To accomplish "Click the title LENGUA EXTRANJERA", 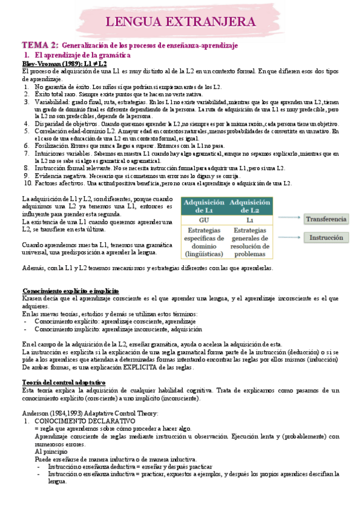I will tap(180, 22).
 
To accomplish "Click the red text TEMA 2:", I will tap(40, 45).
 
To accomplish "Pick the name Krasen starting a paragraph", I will tap(32, 298).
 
